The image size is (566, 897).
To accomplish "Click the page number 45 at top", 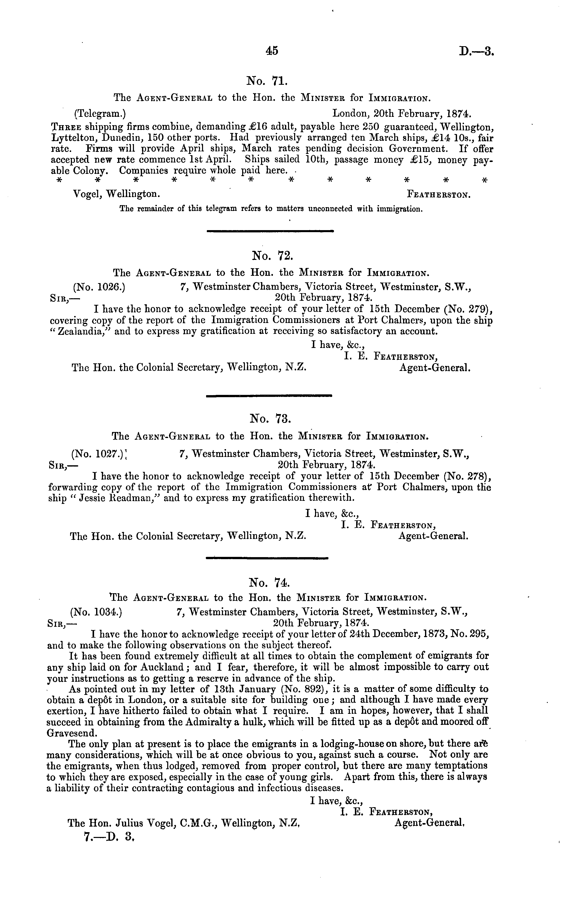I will pyautogui.click(x=272, y=51).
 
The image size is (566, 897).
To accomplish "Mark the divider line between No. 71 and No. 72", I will pyautogui.click(x=270, y=231).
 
